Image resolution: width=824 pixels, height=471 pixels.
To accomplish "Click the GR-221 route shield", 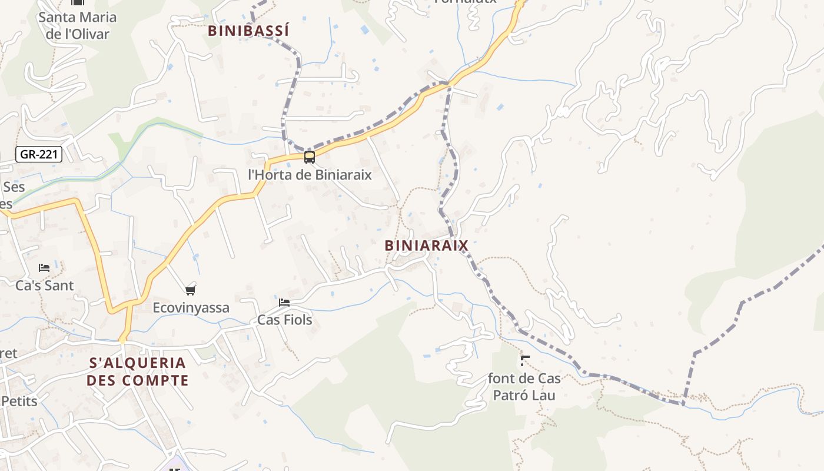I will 38,155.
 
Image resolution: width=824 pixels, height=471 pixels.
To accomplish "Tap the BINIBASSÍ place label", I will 248,31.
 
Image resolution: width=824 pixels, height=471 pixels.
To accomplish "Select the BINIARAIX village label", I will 426,246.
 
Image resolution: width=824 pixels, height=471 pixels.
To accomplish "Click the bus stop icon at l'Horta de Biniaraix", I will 309,157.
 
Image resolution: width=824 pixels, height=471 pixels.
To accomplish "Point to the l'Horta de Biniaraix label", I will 310,175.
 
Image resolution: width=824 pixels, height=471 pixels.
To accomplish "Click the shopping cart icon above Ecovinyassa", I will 190,290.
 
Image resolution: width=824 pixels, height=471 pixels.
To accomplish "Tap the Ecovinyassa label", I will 191,308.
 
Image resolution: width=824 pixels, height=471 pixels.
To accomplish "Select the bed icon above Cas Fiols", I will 284,303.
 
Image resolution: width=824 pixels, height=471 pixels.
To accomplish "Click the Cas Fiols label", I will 285,320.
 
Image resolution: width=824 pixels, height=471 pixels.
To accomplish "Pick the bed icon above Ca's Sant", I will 44,268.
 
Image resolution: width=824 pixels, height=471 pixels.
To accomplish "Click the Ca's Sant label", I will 45,286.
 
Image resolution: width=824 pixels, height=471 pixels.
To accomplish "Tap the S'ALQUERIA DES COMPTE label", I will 137,372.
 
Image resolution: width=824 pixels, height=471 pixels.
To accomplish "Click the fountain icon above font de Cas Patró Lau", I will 524,360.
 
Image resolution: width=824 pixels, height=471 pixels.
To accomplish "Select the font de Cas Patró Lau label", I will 524,387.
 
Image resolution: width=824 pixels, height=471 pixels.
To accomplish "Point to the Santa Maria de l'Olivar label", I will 78,25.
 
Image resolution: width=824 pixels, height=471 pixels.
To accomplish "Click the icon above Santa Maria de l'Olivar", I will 78,3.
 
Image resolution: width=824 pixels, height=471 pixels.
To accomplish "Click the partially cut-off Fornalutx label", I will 465,2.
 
